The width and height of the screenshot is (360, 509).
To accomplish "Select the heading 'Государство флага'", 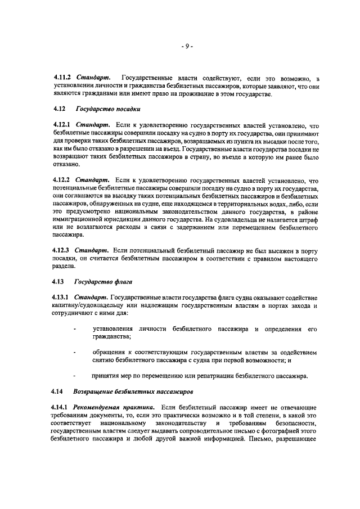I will pos(101,281).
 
